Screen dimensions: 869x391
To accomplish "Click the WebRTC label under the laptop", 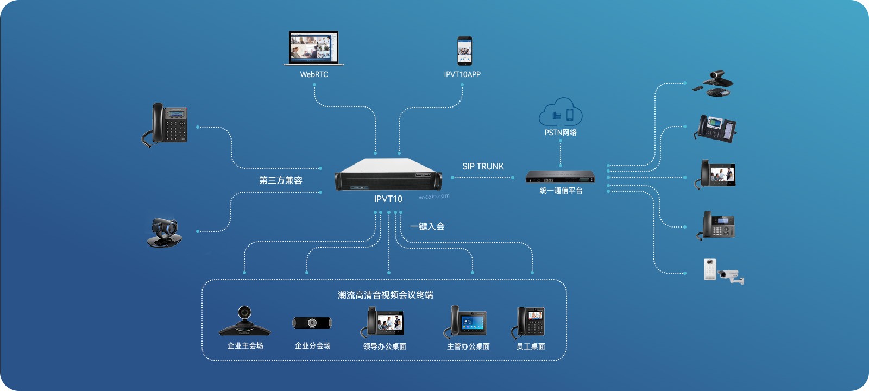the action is click(314, 74).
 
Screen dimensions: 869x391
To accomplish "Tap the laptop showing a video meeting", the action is click(314, 48).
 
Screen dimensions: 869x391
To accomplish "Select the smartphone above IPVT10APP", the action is click(464, 51).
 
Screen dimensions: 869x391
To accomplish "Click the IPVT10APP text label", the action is click(462, 74).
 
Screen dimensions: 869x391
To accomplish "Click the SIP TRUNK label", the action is click(483, 166).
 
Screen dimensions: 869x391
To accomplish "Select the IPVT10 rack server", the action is click(388, 174).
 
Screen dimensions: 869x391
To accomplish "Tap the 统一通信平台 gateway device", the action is click(560, 176).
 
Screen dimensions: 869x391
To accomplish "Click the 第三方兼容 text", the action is click(280, 180).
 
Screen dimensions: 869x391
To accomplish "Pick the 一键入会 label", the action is click(427, 226).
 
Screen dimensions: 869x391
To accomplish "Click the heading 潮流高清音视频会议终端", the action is click(385, 295).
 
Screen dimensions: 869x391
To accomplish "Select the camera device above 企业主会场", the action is click(245, 321).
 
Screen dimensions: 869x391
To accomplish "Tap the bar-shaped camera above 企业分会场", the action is click(312, 323).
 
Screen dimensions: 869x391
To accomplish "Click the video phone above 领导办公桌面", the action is click(382, 321).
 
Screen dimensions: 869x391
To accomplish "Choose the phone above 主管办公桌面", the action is click(465, 321).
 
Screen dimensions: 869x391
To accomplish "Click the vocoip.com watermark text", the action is click(434, 197).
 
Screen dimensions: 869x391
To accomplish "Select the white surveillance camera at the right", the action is click(730, 276).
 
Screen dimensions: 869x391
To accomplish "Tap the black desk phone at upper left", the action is click(165, 125).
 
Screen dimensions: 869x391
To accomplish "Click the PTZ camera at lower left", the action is click(165, 233).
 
